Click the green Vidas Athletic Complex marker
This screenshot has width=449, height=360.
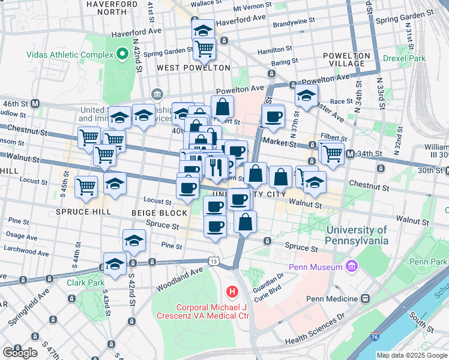[122, 55]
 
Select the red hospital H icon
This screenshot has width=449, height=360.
[232, 292]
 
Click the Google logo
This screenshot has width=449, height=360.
[20, 352]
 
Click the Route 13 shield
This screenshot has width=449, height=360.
[214, 260]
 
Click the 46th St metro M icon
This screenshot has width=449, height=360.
[35, 103]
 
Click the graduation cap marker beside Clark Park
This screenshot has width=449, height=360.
[115, 263]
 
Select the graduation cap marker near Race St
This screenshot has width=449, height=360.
[306, 95]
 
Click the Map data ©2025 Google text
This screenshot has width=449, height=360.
[411, 355]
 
